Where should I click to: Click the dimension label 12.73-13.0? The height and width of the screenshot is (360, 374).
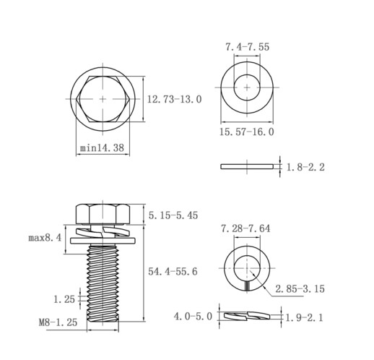pos(174,99)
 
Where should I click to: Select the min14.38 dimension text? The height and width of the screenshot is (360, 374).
pos(102,147)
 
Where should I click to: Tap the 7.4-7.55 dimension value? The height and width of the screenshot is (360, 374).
pos(247,46)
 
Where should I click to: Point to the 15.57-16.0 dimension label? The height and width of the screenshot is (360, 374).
pos(247,132)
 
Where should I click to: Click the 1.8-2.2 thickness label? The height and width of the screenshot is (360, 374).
pos(305,167)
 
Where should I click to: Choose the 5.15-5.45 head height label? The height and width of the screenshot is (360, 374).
pos(173,215)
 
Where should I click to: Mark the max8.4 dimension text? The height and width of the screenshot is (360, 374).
pos(45,238)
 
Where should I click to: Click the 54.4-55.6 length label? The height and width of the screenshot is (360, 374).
pos(173,272)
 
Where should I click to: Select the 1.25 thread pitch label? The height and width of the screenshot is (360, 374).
pos(64,299)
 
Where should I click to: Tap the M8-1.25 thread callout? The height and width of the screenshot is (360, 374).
pos(58,322)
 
